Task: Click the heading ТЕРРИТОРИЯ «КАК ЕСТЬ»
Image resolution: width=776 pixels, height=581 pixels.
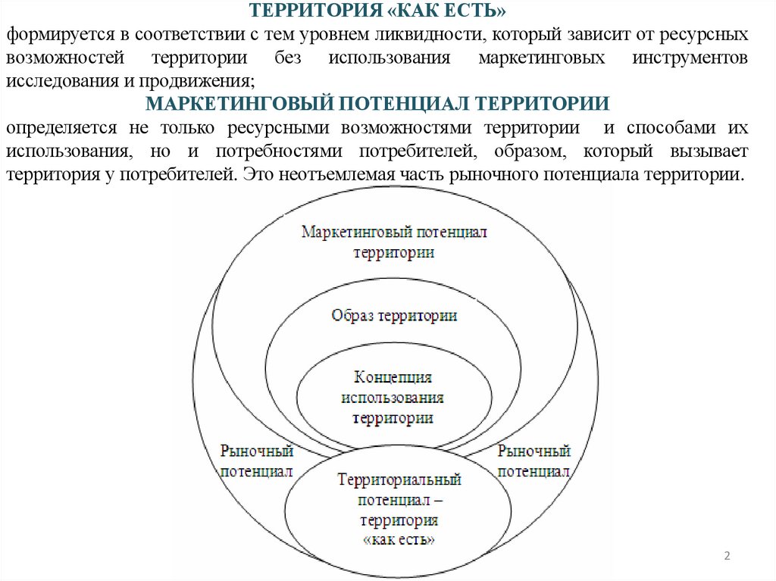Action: click(377, 12)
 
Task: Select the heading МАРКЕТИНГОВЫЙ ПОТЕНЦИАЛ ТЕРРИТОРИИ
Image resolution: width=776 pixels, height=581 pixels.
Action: click(377, 103)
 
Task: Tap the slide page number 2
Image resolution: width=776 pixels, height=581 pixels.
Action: click(727, 557)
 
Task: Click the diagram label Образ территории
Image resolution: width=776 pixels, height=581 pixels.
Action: click(394, 314)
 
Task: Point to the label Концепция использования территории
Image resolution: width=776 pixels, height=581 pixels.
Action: click(393, 397)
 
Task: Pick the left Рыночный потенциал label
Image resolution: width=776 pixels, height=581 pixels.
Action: click(256, 461)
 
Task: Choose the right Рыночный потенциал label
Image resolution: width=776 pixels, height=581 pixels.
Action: click(533, 461)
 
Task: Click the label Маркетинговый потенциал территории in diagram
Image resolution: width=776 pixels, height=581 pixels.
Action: click(394, 242)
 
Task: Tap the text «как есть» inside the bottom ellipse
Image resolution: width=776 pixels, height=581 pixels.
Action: click(399, 540)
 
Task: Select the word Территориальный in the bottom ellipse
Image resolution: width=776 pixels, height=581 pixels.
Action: click(399, 479)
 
